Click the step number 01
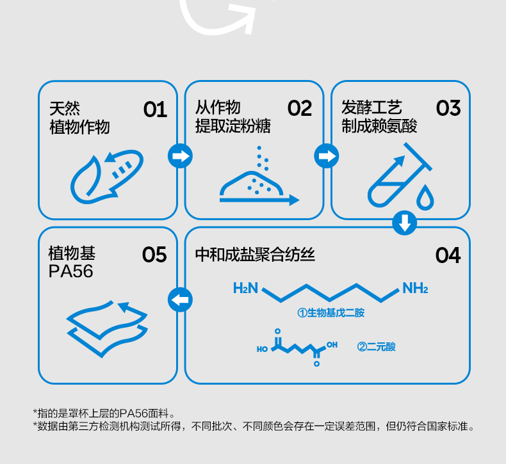(155, 109)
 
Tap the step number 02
(299, 109)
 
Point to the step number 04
(448, 255)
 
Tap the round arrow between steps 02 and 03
(327, 156)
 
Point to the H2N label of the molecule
(245, 289)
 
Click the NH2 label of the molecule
(415, 289)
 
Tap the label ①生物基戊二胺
(331, 313)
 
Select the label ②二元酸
(377, 347)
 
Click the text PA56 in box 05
(71, 272)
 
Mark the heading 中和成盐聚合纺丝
(255, 255)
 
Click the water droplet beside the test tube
(425, 199)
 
